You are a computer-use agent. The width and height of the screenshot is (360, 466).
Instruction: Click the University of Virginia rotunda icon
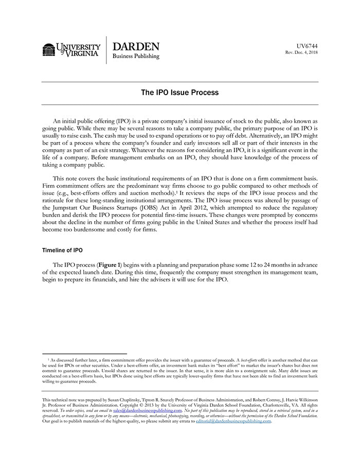[x=49, y=50]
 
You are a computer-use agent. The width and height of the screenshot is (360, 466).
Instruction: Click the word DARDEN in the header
[x=136, y=46]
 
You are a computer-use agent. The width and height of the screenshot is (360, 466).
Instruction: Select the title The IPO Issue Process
[x=180, y=93]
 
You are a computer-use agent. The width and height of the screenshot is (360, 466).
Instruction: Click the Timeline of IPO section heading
[x=62, y=250]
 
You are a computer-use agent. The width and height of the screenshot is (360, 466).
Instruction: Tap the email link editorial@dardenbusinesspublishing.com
[x=233, y=421]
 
